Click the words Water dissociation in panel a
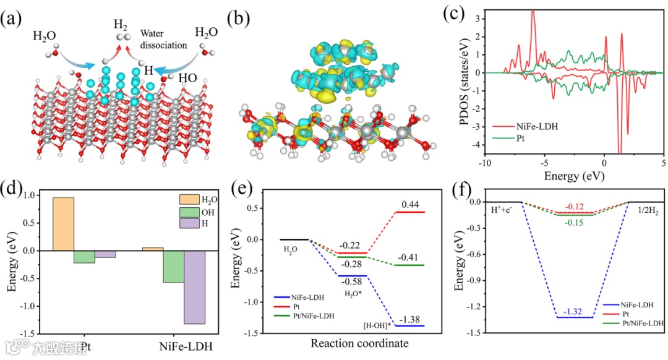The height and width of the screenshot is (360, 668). point(162,39)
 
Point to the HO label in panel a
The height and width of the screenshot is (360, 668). point(189,79)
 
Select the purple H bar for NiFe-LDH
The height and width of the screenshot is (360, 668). point(194,287)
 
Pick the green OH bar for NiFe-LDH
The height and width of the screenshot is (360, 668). point(173,267)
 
